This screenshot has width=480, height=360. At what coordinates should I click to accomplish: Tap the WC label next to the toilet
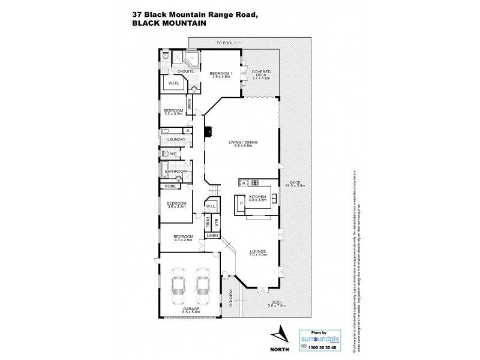[x=173, y=154]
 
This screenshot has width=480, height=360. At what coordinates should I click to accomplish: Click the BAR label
[x=216, y=224]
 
